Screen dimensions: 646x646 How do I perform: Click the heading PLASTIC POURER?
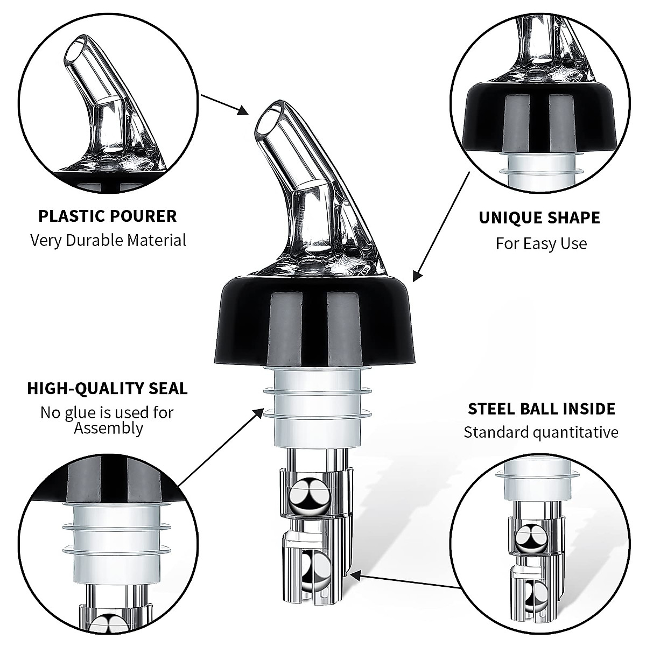tap(107, 216)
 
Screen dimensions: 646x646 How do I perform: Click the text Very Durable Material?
tap(108, 240)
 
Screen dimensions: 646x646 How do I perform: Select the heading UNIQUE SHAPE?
tap(539, 218)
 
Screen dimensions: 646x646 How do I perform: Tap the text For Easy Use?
tap(541, 243)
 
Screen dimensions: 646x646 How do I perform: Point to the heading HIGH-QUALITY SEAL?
tap(107, 388)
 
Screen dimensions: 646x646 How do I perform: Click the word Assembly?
tap(108, 429)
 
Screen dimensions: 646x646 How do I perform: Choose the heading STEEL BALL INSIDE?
tap(541, 409)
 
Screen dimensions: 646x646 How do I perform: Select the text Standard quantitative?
tap(541, 432)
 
